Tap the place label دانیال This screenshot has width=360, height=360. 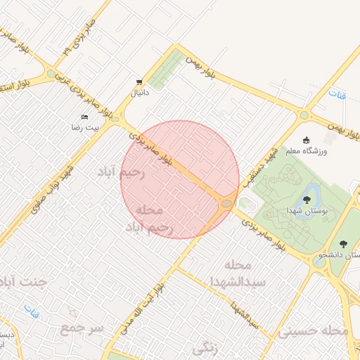click(x=139, y=92)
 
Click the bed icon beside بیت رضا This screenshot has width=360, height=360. click(x=85, y=117)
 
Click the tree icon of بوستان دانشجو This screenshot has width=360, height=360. click(x=343, y=243)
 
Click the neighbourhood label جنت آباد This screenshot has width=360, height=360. click(x=21, y=283)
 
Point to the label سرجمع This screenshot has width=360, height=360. click(x=82, y=328)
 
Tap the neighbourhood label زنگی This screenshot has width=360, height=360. click(x=205, y=347)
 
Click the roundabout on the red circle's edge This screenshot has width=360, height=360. click(x=226, y=203)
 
